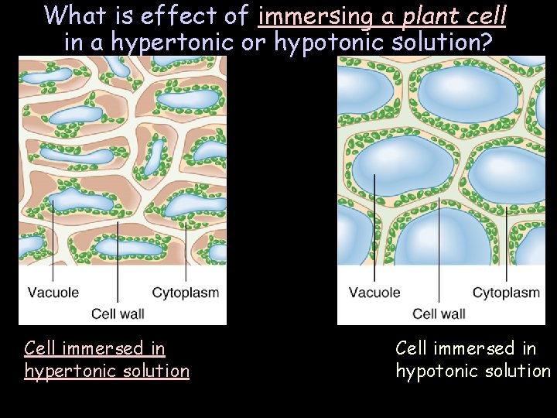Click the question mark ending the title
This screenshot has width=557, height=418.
click(487, 42)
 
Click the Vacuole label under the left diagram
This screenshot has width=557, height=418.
click(53, 293)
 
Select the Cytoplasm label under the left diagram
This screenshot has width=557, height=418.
click(186, 293)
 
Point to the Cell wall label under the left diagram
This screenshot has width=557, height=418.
click(118, 313)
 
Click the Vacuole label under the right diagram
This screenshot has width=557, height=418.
click(374, 293)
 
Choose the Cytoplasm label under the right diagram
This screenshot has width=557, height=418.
click(506, 293)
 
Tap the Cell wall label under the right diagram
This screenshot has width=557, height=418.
click(439, 313)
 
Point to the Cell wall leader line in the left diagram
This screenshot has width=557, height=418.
click(118, 263)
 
